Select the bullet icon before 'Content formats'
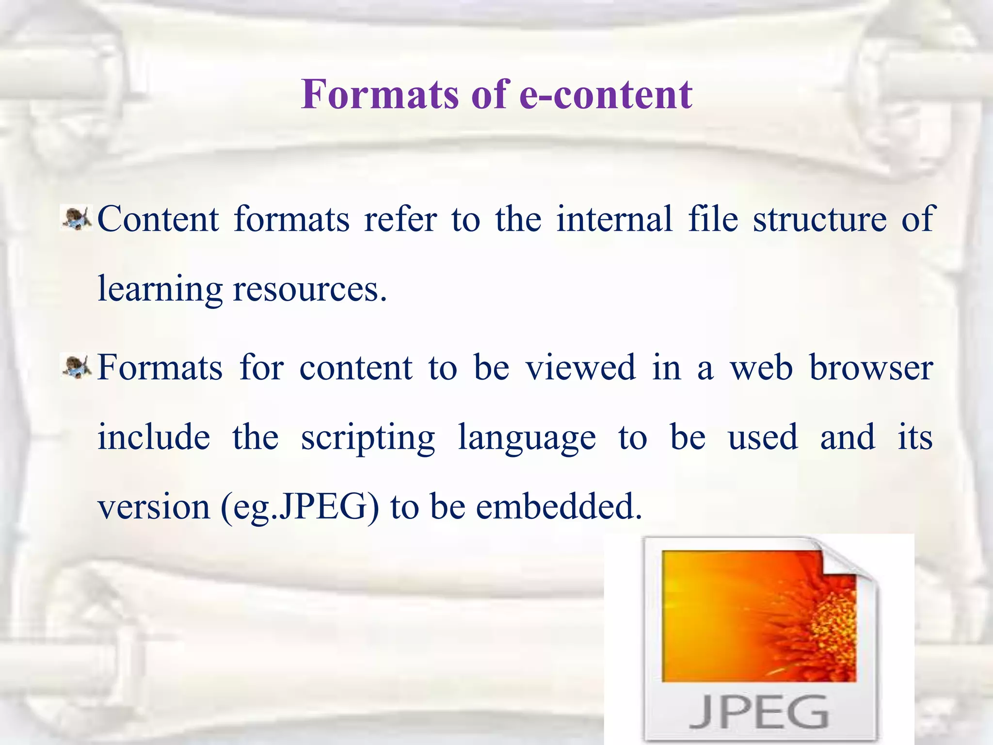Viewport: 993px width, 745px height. tap(77, 218)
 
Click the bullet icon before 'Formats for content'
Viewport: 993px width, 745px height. tap(77, 367)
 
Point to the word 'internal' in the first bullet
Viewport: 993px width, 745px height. tap(614, 219)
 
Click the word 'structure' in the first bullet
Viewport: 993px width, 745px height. tap(820, 219)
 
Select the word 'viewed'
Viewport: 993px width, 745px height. tap(581, 368)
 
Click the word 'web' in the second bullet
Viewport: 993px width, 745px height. tap(761, 368)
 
